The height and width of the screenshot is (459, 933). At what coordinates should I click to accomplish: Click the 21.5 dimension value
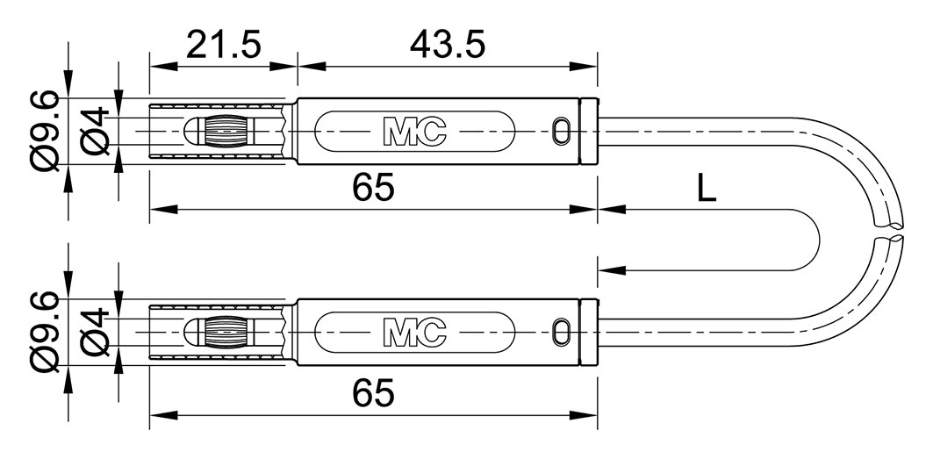point(223,46)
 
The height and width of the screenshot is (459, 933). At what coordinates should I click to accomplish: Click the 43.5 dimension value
point(448,46)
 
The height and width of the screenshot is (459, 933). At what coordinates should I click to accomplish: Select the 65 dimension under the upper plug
point(373,189)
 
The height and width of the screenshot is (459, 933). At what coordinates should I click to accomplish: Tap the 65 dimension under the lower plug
point(373,393)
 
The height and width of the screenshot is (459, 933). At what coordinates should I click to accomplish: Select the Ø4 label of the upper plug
point(95,132)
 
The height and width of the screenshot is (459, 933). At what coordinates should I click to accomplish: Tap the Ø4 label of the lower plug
point(95,333)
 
